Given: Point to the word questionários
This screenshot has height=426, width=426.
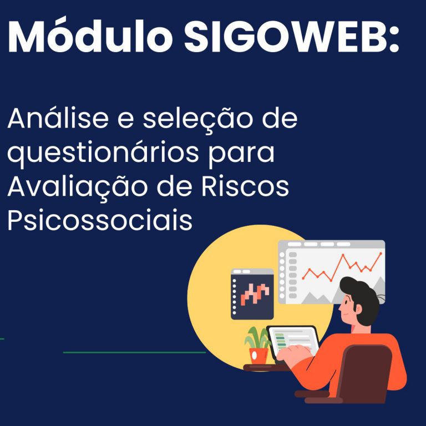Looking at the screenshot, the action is tap(103, 153).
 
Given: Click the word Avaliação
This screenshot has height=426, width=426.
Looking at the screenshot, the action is tap(77, 187).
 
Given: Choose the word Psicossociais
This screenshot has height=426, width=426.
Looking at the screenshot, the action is tap(100, 220).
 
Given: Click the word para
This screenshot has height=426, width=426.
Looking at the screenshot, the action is tap(241, 154).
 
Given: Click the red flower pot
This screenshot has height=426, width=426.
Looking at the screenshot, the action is tap(258, 356).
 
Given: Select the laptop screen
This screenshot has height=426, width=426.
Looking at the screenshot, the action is tap(293, 341).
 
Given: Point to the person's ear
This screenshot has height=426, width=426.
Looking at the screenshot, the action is tap(359, 309).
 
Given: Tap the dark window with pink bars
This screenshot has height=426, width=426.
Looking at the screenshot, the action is tap(252, 294).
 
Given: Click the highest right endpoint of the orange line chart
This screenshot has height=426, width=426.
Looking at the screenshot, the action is tap(381, 253).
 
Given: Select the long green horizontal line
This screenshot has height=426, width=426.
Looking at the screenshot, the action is tap(134, 352).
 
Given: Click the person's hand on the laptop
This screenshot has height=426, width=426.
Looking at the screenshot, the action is tap(295, 352).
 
